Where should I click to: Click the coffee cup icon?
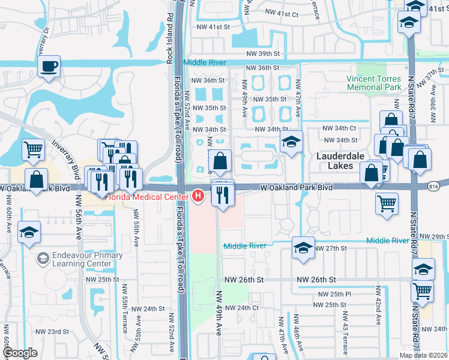click(49, 66)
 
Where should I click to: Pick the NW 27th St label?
click(331, 248)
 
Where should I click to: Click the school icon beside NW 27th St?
click(303, 248)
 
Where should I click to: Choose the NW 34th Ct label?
click(339, 128)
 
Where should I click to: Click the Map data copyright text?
click(423, 355)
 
